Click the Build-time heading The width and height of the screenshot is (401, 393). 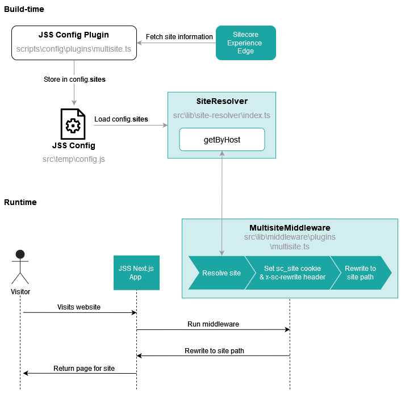24,9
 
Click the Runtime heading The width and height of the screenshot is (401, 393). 20,202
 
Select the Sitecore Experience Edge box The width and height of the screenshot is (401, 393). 246,43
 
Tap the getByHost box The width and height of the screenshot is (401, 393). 222,140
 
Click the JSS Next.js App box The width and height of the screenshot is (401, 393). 136,273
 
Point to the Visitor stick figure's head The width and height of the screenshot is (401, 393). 20,254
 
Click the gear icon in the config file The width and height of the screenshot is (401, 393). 73,126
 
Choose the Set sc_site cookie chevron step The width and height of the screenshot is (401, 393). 293,273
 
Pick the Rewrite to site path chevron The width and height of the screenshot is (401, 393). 360,273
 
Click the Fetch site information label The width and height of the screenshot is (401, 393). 179,37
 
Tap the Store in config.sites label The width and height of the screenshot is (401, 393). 74,80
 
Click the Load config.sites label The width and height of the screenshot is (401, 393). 121,119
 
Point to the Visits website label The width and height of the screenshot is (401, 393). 79,307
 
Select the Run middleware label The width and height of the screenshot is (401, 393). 214,324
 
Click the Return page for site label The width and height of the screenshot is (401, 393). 84,368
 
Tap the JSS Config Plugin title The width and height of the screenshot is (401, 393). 74,35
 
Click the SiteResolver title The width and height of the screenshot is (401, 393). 222,101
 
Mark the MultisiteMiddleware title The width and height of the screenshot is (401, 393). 290,228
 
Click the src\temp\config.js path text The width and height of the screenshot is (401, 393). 74,159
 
